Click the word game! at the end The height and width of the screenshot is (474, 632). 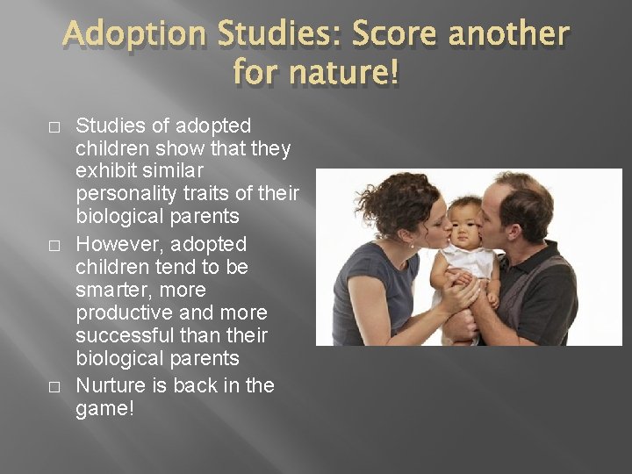pyautogui.click(x=106, y=408)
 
